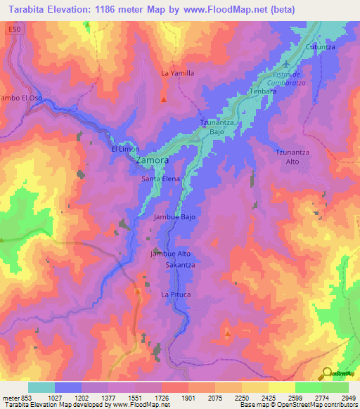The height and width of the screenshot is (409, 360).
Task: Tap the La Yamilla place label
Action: click(x=177, y=73)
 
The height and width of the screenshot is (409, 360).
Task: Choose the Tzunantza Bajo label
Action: click(x=217, y=127)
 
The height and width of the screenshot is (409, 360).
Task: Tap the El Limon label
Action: click(x=125, y=149)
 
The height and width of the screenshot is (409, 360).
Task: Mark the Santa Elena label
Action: click(x=161, y=179)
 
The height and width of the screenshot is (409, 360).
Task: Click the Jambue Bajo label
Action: click(x=174, y=218)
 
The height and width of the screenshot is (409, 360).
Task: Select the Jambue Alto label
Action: click(x=172, y=254)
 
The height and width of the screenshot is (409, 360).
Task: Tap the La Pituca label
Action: click(x=175, y=293)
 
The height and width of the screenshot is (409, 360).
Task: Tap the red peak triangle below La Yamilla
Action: click(x=164, y=99)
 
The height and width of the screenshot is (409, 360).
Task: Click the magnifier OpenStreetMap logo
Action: click(x=327, y=372)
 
